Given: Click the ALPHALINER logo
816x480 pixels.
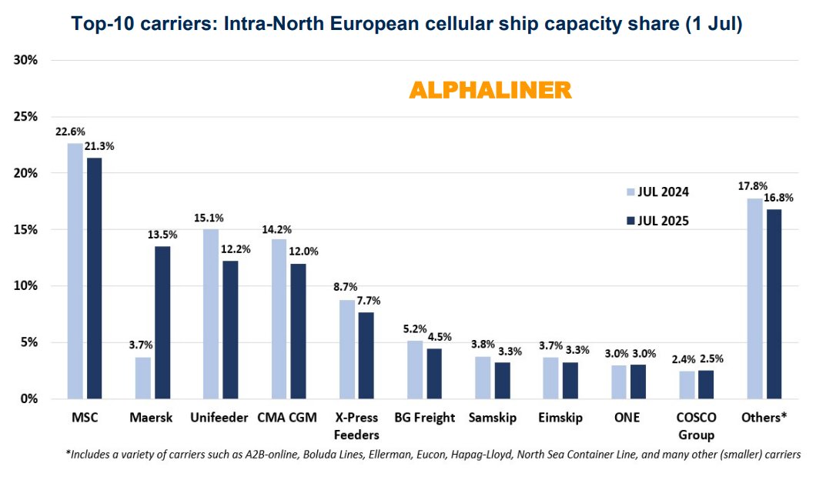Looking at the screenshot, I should tap(490, 90).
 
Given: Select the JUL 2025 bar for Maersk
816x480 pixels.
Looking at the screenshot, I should tap(162, 322).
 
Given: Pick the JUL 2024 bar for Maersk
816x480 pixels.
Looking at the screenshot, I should tap(142, 378).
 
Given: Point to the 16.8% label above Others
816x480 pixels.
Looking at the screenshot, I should tap(778, 199).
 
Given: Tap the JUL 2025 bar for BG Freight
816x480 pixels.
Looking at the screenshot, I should tap(434, 373).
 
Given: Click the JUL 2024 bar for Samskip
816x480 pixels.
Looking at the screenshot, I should tap(482, 378).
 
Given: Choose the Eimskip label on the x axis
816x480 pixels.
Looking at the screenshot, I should tap(560, 418).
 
